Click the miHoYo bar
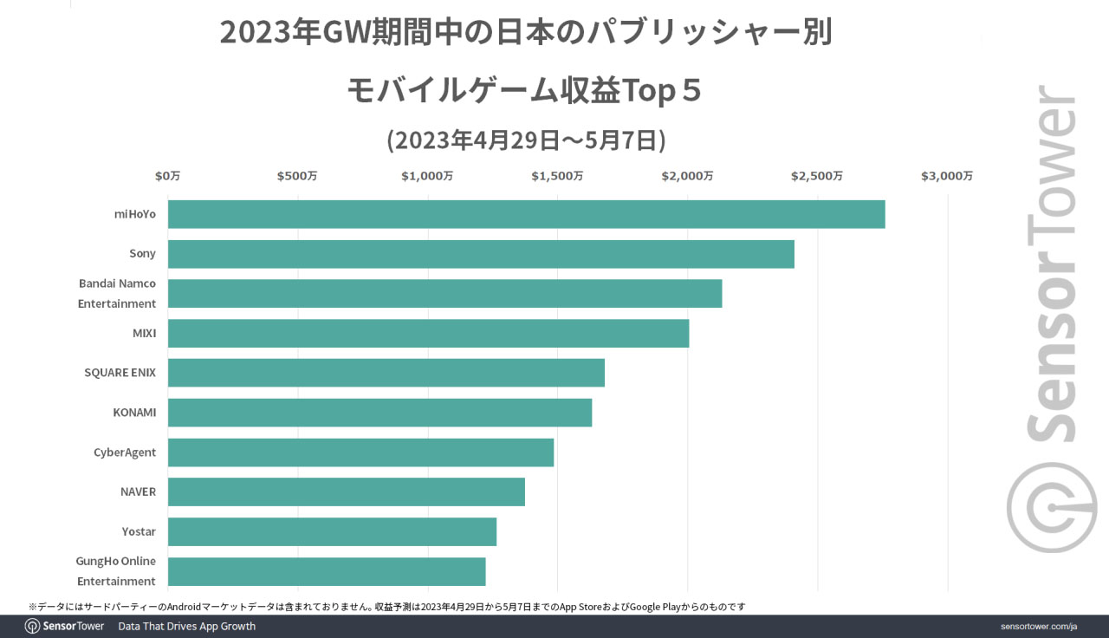(526, 214)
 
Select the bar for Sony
(481, 254)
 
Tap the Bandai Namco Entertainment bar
(444, 293)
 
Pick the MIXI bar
(428, 333)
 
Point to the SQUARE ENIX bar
(386, 373)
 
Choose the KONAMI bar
(379, 413)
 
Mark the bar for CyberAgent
(360, 452)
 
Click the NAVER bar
(346, 492)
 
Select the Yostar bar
(332, 531)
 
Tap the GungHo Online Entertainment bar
(326, 571)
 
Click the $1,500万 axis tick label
(558, 176)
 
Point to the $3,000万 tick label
(947, 176)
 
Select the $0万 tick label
(168, 176)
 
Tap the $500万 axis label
(297, 176)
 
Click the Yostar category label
(139, 531)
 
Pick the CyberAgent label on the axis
(125, 452)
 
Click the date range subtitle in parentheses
(526, 140)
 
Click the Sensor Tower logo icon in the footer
(32, 626)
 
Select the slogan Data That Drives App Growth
(187, 626)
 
